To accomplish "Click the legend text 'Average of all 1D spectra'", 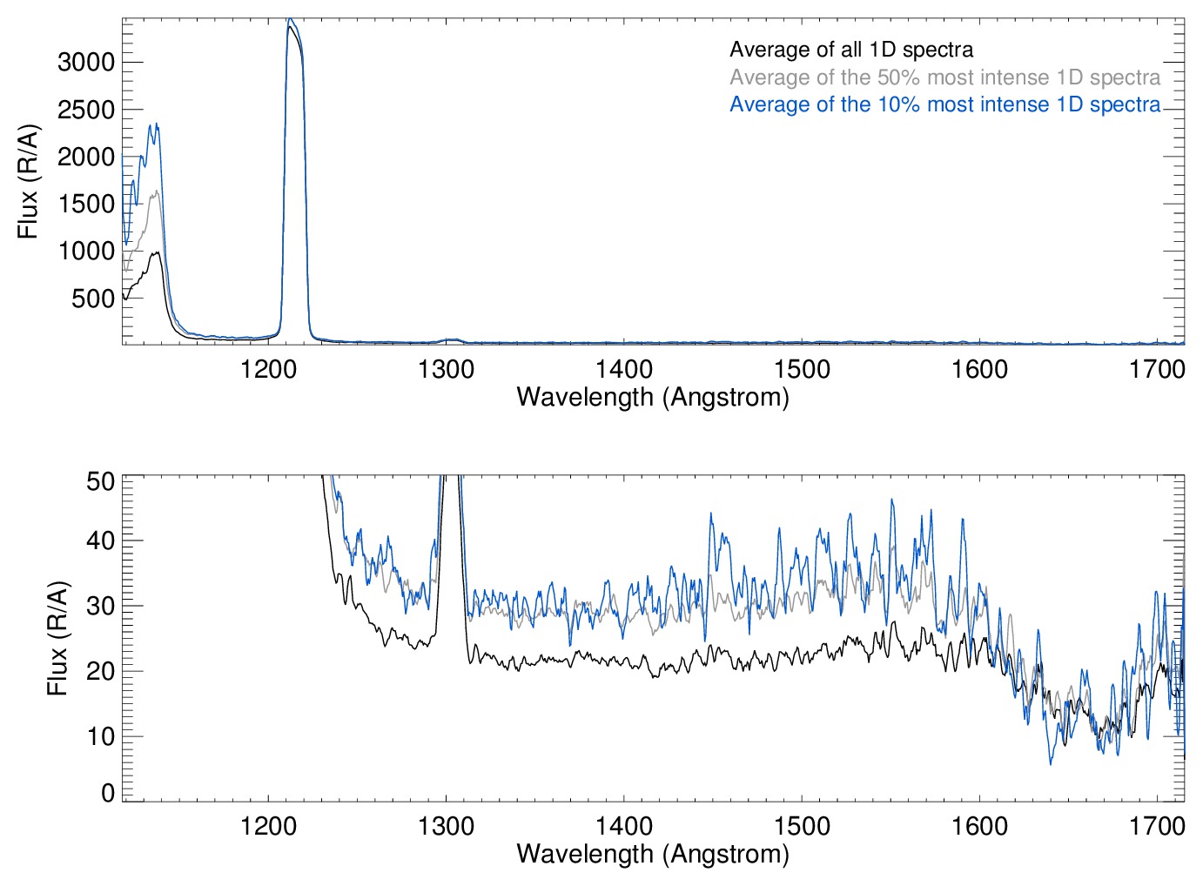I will coord(850,50).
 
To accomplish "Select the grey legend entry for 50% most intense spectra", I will coord(944,77).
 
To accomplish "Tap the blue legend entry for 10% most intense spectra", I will coord(944,104).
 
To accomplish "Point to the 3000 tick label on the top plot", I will coord(86,62).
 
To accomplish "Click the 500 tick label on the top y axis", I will coord(93,299).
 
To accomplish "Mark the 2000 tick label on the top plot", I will coord(86,157).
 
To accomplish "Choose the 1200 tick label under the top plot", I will coord(268,369).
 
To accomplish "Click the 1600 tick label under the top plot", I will coord(979,369).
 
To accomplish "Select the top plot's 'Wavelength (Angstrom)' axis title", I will coord(653,397).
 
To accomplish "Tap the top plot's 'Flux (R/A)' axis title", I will coord(28,181).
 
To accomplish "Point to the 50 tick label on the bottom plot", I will coord(101,480).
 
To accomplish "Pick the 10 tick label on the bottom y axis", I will coord(101,736).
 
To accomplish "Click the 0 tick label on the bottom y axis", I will coord(108,792).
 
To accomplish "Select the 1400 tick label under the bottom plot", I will coord(624,825).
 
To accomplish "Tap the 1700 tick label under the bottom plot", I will coord(1157,825).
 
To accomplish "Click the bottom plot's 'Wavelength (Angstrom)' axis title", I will coord(653,853).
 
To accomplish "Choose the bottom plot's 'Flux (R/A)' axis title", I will coord(57,638).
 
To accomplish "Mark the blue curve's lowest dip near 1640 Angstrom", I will coord(1051,763).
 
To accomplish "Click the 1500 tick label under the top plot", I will coord(802,369).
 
